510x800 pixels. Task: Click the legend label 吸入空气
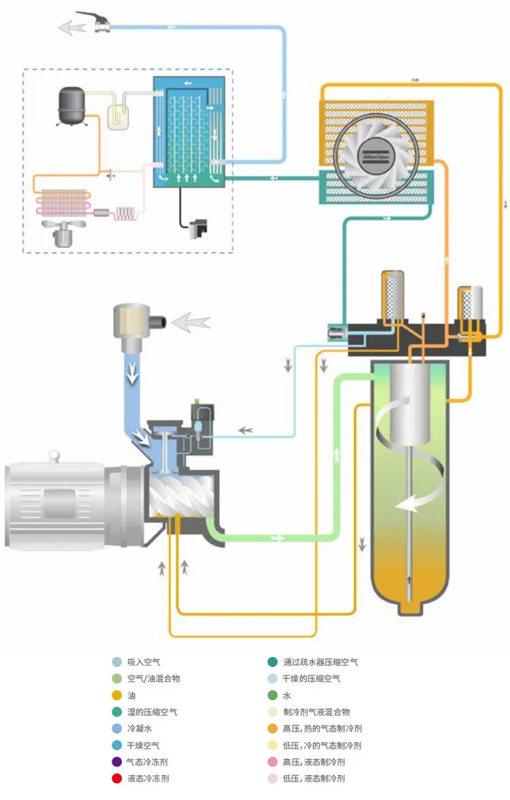[x=144, y=662]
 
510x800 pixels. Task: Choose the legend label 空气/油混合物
[x=154, y=679]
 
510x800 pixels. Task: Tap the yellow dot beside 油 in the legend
[x=117, y=696]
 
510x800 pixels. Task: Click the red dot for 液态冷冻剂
[x=117, y=779]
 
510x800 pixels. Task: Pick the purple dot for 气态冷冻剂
[x=117, y=762]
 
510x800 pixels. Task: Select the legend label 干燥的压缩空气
[x=311, y=679]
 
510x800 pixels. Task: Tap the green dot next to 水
[x=272, y=696]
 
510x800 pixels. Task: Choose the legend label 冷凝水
[x=140, y=729]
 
